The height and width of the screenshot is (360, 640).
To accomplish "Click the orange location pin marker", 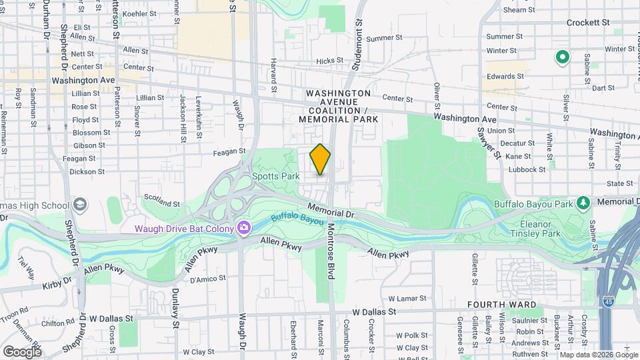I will tap(320, 159).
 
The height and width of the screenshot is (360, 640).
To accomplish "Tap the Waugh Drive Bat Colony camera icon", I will tap(244, 229).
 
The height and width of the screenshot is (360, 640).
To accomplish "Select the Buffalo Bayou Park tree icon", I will tap(583, 202).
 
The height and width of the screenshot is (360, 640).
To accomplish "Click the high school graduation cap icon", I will tap(80, 203).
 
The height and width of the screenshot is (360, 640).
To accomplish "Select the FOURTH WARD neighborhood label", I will tap(501, 305).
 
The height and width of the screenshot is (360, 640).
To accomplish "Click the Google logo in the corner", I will tap(22, 351).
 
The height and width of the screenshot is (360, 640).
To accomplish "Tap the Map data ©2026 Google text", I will tap(598, 355).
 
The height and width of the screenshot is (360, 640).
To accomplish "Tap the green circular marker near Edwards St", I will tap(562, 57).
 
